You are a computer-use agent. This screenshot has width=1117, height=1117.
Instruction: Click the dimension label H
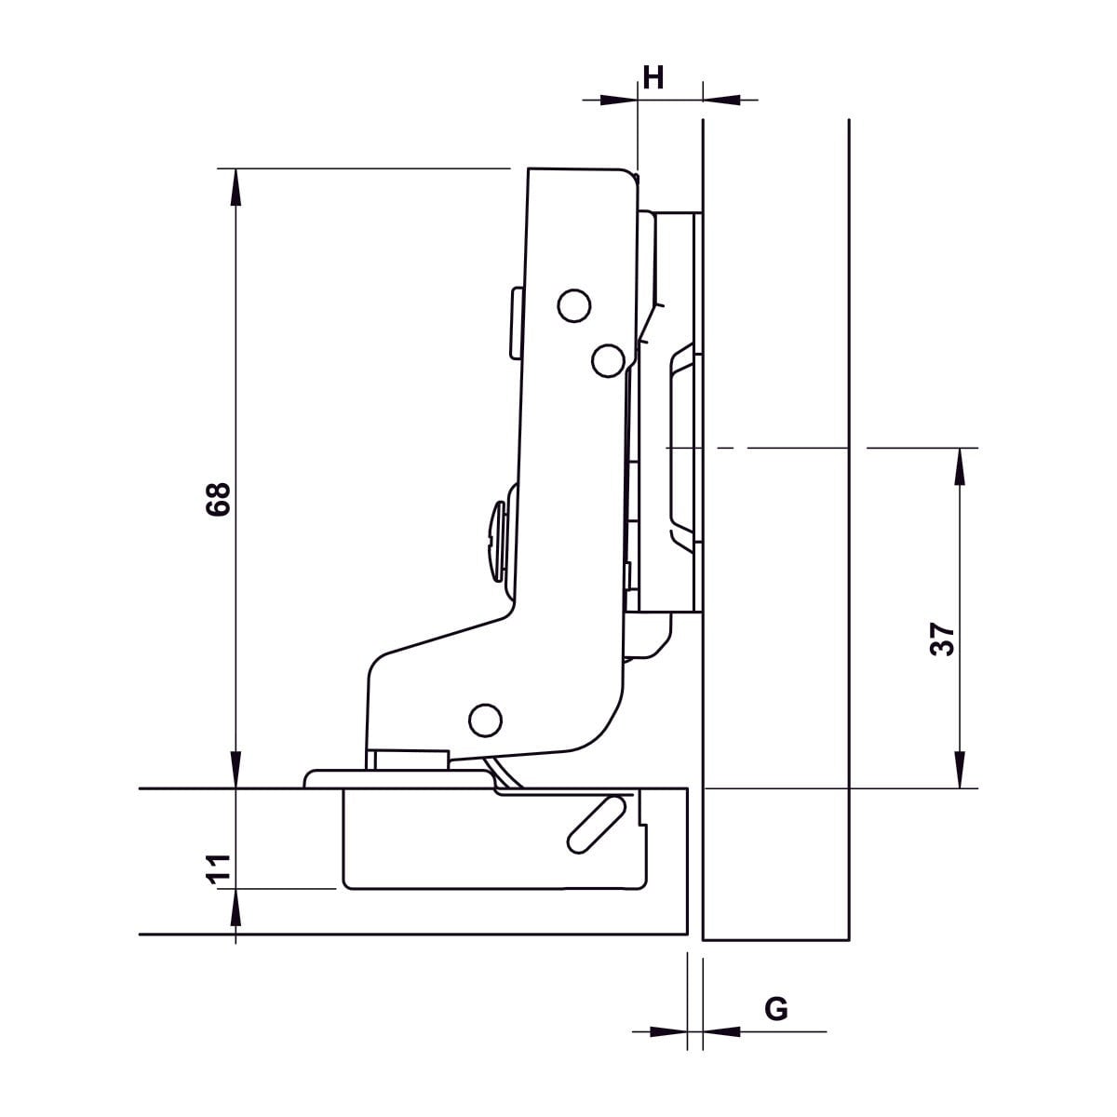point(653,77)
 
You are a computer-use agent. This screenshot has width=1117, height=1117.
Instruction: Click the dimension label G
point(776,1009)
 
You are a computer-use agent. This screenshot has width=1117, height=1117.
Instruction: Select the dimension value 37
point(942,639)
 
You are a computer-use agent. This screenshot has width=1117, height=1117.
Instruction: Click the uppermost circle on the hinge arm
point(574,305)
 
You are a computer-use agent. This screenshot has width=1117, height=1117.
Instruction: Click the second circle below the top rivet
point(608,360)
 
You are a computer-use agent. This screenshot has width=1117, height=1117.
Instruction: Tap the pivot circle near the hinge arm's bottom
point(485,720)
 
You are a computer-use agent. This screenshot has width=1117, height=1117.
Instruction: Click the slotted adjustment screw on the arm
point(498,542)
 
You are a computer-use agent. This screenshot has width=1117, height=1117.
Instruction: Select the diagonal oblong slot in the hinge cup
point(596,825)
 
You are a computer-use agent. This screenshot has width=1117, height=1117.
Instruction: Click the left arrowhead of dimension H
point(618,101)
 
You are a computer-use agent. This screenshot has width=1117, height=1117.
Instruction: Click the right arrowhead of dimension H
point(721,101)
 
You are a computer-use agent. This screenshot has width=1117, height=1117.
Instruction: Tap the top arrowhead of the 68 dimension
point(236,187)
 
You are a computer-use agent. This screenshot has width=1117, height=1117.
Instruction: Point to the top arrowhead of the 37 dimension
point(960,466)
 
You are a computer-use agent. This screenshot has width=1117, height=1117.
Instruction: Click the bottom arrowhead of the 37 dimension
point(960,769)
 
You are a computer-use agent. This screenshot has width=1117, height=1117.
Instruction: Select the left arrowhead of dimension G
point(668,1031)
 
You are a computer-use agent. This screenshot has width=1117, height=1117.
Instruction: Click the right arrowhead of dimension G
point(721,1031)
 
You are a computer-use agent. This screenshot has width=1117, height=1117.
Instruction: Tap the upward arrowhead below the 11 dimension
point(236,908)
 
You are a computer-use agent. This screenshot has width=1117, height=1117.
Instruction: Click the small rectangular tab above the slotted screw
point(517,323)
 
